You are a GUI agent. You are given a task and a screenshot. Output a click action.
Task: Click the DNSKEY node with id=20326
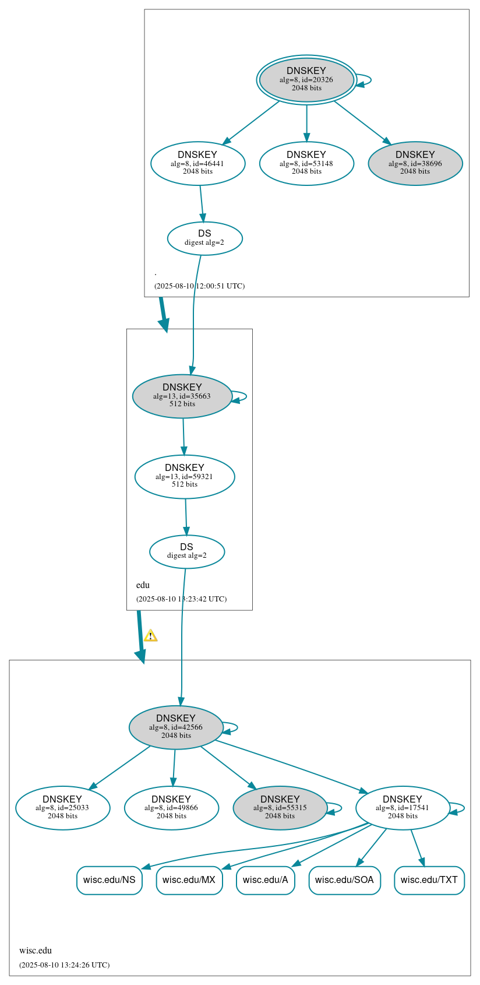306,80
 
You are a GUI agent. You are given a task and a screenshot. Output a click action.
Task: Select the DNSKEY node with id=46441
197,164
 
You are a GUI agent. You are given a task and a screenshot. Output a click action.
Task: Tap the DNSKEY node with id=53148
306,164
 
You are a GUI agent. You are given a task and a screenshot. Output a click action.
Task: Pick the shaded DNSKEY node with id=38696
415,164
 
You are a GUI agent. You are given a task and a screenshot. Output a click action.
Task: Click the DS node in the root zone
204,238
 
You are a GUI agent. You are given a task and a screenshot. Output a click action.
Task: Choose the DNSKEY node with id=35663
182,396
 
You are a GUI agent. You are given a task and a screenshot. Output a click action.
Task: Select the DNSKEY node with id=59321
185,477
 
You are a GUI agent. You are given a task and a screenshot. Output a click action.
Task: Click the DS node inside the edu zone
186,551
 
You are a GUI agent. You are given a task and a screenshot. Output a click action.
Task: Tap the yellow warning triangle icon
150,636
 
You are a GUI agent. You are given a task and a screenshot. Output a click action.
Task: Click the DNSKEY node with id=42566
176,727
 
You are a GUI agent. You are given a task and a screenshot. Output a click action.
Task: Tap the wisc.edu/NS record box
109,880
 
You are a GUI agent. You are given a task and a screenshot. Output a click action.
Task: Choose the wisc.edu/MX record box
189,880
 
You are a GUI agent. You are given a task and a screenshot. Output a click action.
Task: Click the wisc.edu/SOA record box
344,880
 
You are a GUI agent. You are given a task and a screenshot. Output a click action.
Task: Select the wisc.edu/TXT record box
429,880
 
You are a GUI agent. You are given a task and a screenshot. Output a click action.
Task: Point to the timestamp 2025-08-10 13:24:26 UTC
64,965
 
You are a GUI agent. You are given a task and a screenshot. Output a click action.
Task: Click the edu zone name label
143,585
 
